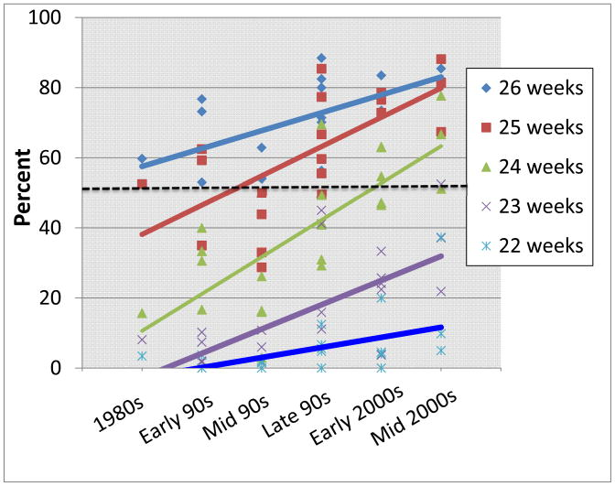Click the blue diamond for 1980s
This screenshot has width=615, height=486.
point(142,159)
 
